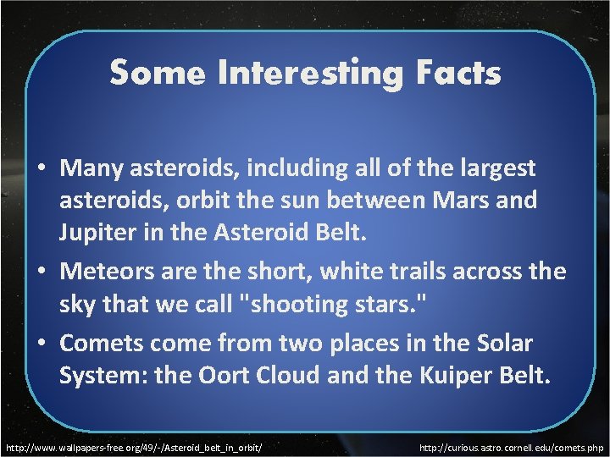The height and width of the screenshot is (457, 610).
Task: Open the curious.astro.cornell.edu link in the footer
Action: tap(511, 444)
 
